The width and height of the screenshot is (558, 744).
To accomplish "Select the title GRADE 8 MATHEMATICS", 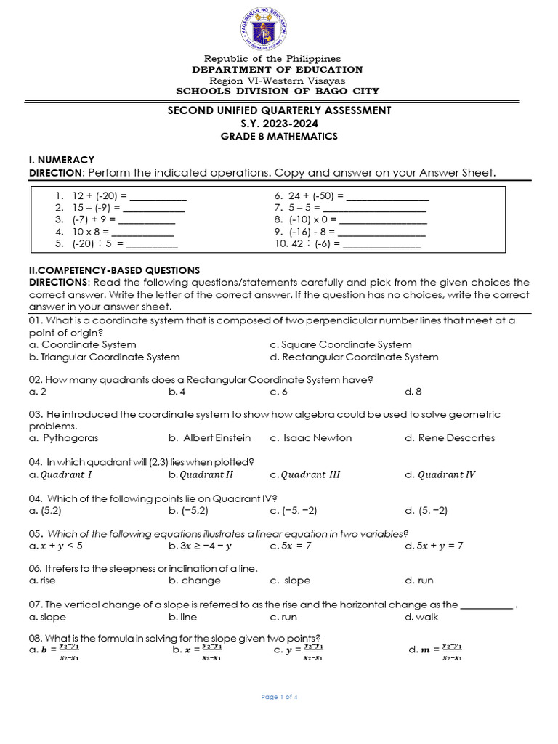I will pos(279,137).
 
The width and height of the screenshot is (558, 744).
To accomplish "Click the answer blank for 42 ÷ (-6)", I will pos(381,244).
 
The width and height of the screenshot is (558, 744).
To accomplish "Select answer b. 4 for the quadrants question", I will pos(177,392).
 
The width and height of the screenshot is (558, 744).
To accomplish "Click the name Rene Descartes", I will pos(450,438).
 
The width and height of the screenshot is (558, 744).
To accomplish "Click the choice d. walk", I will pos(422,617).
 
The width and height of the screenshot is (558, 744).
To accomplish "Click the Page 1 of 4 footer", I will pos(280,697).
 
